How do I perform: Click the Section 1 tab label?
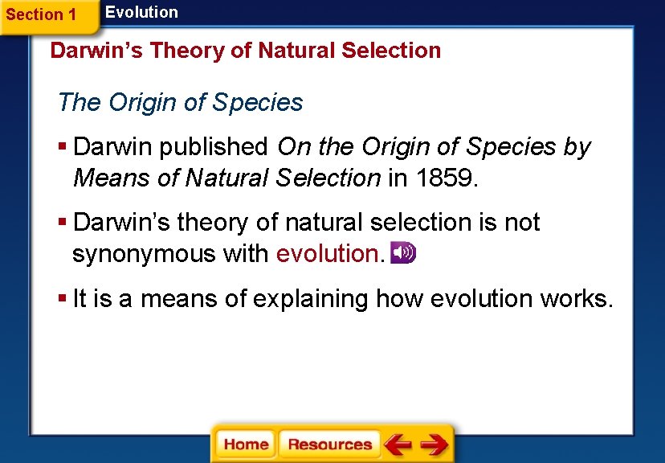pyautogui.click(x=41, y=14)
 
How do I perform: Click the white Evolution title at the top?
pyautogui.click(x=141, y=12)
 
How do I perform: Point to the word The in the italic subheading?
pyautogui.click(x=77, y=103)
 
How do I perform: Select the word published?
pyautogui.click(x=214, y=147)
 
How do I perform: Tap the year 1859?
pyautogui.click(x=445, y=178)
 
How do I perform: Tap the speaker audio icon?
pyautogui.click(x=403, y=252)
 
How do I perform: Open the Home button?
pyautogui.click(x=246, y=445)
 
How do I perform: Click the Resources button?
pyautogui.click(x=329, y=445)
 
